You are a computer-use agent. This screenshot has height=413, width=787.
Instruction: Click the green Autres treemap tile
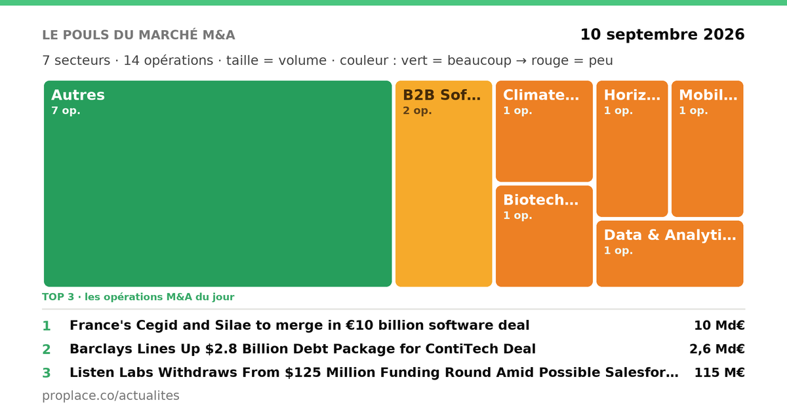tap(218, 184)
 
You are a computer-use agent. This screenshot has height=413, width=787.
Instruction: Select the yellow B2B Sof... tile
tap(444, 184)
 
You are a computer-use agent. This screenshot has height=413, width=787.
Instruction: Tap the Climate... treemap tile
tap(544, 131)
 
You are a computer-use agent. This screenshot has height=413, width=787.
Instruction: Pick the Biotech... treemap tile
tap(544, 237)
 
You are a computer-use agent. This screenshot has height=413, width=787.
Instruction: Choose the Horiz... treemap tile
tap(632, 149)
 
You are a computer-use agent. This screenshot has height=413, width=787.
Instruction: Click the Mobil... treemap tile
tap(707, 149)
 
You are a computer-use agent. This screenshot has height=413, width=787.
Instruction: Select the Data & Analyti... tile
tap(670, 254)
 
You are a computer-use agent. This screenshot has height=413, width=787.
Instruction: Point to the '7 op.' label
tap(66, 111)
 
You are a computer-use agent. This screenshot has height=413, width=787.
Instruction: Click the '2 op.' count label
tap(417, 111)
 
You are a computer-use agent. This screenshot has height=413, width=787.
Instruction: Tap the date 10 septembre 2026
tap(662, 34)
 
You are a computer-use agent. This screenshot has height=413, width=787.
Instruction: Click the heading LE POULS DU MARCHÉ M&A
tap(138, 35)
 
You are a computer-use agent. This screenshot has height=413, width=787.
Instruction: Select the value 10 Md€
tap(719, 326)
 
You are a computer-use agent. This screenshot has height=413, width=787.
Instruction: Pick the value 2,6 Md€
tap(717, 349)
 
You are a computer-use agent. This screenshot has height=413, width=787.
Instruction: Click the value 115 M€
tap(719, 372)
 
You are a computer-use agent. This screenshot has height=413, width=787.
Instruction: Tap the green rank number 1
tap(47, 326)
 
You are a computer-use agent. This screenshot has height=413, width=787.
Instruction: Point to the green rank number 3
tap(47, 373)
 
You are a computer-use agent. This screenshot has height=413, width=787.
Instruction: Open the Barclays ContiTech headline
tap(302, 349)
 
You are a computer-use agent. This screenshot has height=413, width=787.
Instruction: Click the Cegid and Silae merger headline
tap(299, 326)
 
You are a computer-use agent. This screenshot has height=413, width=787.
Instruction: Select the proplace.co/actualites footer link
tap(111, 396)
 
